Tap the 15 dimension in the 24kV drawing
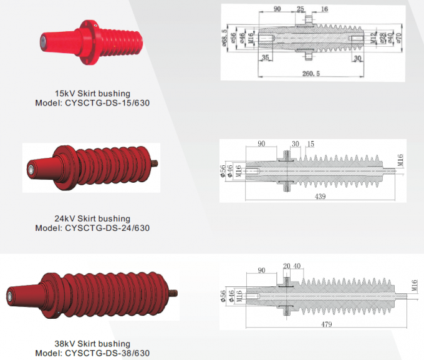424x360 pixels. [310, 144]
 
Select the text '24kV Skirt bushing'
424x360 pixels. [92, 218]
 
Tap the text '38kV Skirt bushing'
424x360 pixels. [92, 343]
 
